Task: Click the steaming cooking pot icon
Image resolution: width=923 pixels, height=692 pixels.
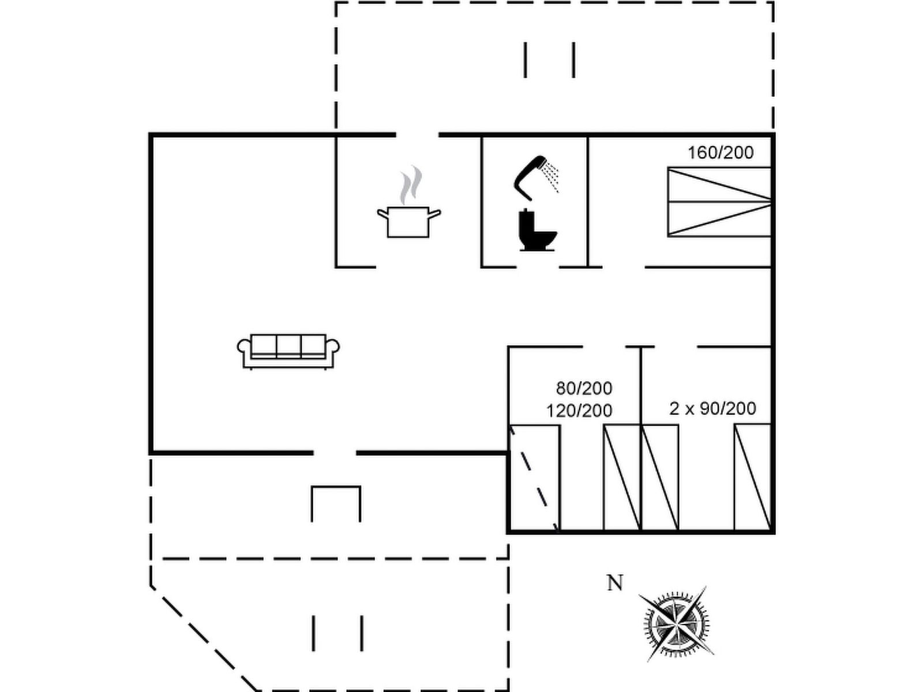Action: tap(409, 202)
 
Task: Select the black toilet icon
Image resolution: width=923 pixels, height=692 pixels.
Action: tap(538, 230)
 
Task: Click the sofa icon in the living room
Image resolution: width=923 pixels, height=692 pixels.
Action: tap(288, 352)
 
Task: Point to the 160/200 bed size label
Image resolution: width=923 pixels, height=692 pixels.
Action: tap(721, 152)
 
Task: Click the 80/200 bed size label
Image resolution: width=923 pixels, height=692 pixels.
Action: tap(584, 388)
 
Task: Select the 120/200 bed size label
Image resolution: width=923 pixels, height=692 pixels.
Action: tap(579, 411)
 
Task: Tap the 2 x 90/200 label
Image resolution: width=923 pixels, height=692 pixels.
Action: tap(713, 408)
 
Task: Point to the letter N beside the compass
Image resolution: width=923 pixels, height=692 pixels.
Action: tap(615, 583)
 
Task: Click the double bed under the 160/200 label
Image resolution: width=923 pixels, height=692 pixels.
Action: tap(719, 202)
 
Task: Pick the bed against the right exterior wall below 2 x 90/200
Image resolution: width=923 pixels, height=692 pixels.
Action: tap(753, 477)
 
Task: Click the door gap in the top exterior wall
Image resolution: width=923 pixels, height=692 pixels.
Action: tap(417, 135)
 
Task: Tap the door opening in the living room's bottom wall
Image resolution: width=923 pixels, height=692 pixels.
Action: tap(335, 453)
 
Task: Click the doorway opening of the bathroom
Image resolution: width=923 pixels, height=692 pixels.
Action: tap(538, 267)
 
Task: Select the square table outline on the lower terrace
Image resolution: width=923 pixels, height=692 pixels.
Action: tap(336, 504)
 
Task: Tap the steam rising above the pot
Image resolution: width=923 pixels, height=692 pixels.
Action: tap(411, 185)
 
